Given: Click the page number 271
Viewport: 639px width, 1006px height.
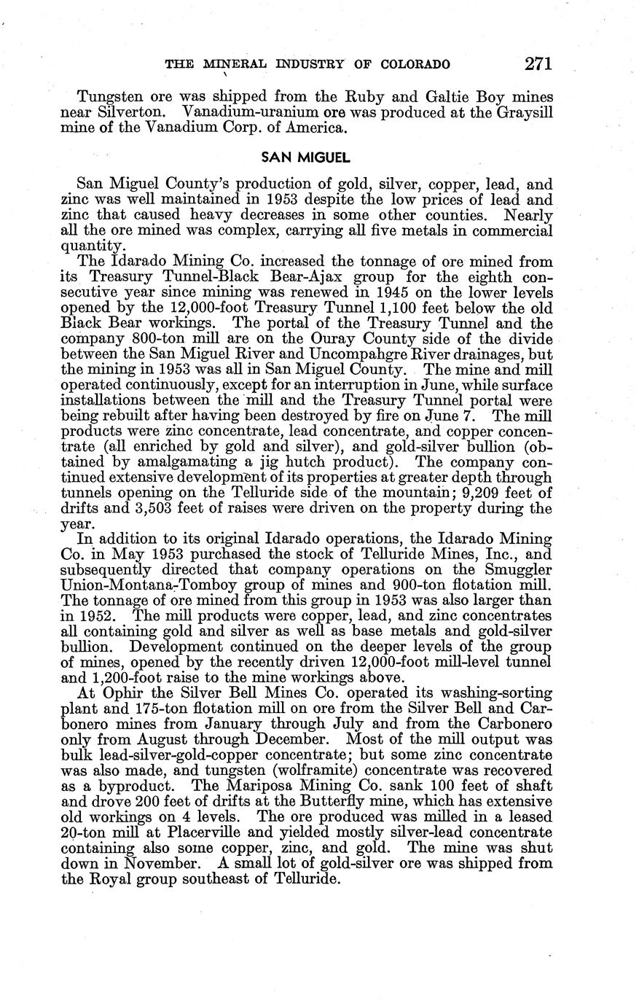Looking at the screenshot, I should click(x=537, y=63).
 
